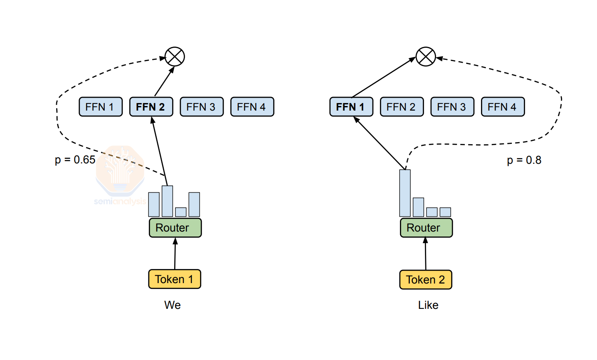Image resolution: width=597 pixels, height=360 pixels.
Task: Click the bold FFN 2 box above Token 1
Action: (151, 107)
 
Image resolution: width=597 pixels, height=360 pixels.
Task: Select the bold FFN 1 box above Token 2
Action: (351, 107)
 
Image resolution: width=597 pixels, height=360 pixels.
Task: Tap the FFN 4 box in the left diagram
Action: (252, 107)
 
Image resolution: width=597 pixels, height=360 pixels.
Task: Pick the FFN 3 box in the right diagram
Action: (452, 107)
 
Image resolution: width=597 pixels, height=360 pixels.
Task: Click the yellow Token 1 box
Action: (175, 279)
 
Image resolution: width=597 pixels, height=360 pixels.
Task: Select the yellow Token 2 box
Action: (426, 279)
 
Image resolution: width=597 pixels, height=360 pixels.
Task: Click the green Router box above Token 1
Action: (175, 228)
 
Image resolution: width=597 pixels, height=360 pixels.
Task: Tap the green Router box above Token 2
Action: (426, 228)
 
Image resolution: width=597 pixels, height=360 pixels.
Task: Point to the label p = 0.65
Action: (75, 160)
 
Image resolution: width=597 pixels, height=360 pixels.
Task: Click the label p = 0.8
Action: (524, 160)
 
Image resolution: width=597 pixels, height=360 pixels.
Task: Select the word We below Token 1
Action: (173, 305)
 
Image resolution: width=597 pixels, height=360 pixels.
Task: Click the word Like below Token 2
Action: (428, 305)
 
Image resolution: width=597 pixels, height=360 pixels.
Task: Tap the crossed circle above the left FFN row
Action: (175, 57)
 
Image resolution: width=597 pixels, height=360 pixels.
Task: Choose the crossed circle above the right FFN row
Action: (426, 57)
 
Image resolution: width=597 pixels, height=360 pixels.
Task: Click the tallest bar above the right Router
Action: (405, 193)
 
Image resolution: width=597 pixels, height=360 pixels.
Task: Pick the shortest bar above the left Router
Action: (181, 212)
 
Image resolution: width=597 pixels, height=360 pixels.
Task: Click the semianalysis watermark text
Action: (120, 202)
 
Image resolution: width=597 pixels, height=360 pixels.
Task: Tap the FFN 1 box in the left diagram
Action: (101, 107)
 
